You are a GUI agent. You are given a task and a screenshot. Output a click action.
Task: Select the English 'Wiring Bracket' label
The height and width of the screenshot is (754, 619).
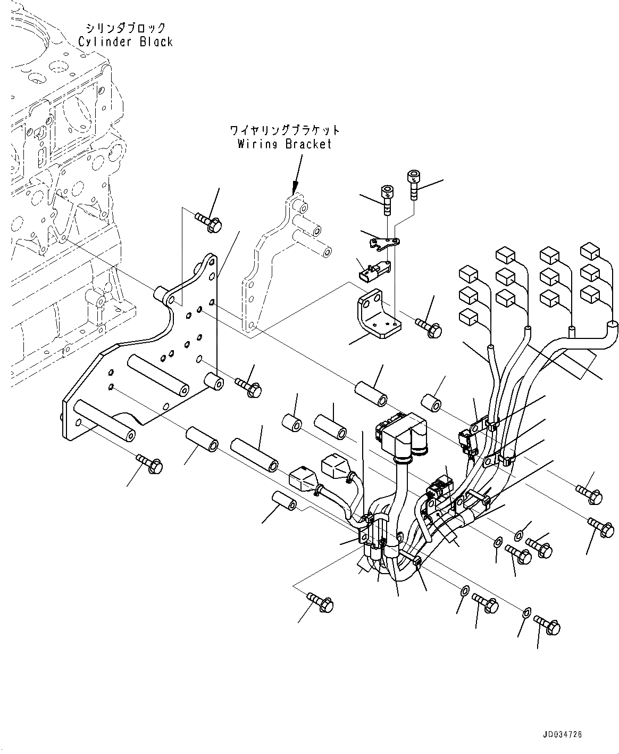[284, 144]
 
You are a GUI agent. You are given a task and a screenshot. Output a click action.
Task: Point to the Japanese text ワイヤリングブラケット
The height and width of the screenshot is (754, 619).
[285, 130]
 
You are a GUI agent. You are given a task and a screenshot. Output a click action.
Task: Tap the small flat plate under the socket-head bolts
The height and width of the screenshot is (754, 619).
[384, 243]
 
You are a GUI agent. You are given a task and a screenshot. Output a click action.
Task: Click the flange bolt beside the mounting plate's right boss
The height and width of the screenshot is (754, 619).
[248, 387]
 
